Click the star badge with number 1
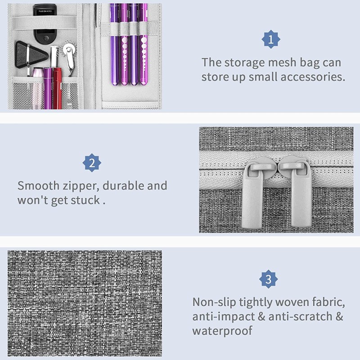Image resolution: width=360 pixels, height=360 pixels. [271, 39]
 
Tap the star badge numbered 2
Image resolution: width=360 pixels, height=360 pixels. [92, 163]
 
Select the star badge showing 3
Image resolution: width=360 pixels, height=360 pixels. [268, 279]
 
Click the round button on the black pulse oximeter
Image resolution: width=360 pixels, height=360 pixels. [46, 38]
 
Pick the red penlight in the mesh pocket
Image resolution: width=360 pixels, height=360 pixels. [58, 88]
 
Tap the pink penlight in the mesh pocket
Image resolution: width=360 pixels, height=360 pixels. [38, 88]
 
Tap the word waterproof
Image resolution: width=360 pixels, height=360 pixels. [222, 331]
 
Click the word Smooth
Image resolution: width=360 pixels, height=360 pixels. [38, 185]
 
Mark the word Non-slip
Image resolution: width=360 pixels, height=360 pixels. [214, 302]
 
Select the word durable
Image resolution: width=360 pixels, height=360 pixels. [123, 185]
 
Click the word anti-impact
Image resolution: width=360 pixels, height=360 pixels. [224, 317]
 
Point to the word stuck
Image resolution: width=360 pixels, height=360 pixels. [85, 200]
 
